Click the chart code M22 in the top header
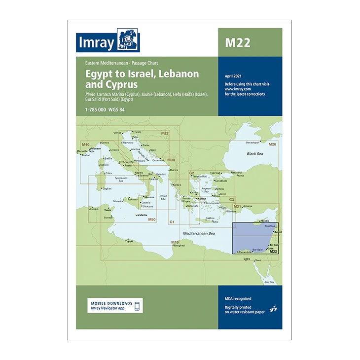coord(238,42)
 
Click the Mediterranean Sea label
coord(199,232)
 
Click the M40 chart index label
coord(85,144)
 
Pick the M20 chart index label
coord(272,144)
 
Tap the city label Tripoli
coord(129,242)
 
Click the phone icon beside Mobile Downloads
coord(138,306)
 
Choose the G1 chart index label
coord(172,222)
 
